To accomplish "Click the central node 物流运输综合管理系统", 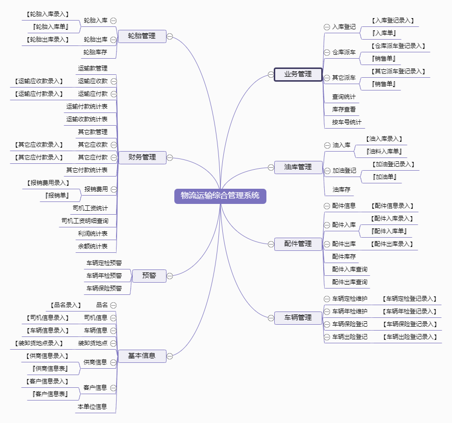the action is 220,196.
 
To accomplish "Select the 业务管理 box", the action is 298,75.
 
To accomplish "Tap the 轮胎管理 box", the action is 142,36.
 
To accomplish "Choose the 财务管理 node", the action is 142,157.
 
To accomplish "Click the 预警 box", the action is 149,276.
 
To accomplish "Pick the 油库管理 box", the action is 298,167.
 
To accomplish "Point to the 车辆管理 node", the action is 298,318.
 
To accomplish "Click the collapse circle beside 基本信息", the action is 170,356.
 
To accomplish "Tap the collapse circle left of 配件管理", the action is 271,244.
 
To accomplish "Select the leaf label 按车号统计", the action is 347,122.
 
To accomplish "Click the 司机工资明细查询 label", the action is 85,221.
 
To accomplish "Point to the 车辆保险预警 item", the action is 104,288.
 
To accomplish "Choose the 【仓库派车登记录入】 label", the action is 398,46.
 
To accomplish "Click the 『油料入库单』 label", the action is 384,152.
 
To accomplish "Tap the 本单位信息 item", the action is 92,406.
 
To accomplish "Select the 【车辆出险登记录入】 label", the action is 410,337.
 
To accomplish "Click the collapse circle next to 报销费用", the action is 114,189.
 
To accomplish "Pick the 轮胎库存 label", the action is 95,52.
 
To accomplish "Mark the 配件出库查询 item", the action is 350,282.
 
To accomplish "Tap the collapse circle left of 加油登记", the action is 327,171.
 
